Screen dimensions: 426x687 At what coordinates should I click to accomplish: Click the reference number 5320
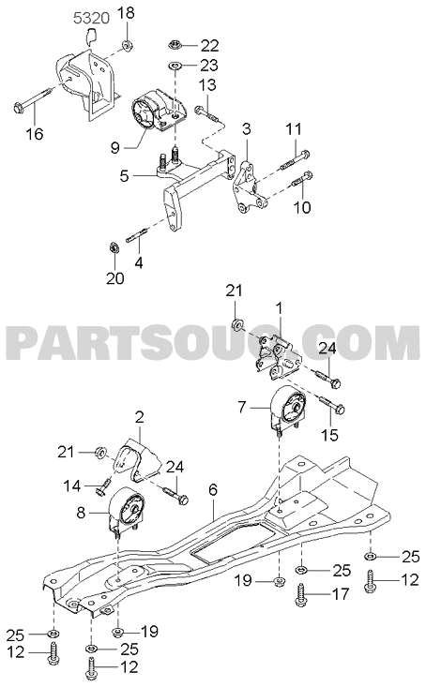pos(91,20)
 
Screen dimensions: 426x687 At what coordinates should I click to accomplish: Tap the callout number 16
pos(35,133)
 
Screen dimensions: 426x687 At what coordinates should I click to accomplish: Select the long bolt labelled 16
pos(34,99)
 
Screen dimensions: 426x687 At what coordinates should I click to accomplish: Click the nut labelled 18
pos(127,45)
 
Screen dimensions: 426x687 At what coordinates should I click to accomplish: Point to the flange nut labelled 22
pos(175,44)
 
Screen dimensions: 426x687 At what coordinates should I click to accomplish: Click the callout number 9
pos(115,148)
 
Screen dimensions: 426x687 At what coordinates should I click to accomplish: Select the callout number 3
pos(247,129)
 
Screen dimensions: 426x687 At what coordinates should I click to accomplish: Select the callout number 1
pos(278,309)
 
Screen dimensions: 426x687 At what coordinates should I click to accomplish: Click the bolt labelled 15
pos(332,404)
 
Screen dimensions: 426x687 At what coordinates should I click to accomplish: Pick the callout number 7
pos(242,408)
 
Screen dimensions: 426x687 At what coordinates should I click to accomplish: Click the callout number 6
pos(213,490)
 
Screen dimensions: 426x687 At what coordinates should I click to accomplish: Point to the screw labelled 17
pos(301,594)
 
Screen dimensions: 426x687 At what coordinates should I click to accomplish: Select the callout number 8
pos(81,512)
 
